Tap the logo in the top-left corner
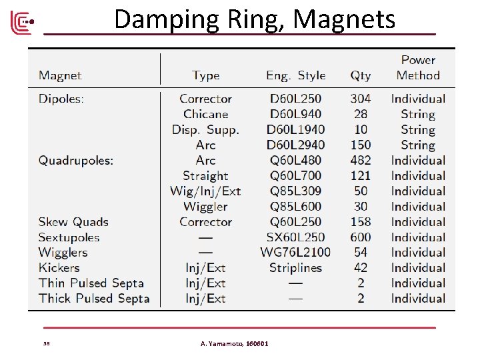(x=21, y=23)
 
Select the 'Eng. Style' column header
(x=295, y=75)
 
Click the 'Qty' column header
(x=361, y=75)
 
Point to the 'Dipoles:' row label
(x=61, y=99)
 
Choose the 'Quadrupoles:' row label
(x=76, y=160)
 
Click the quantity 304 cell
(x=361, y=99)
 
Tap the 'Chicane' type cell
(x=205, y=114)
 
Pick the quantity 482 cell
(x=361, y=160)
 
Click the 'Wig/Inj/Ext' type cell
(x=205, y=191)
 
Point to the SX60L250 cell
(x=295, y=237)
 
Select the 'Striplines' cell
(x=295, y=268)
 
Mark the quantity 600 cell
(x=361, y=237)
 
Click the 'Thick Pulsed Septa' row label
(x=94, y=299)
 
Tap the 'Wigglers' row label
(x=63, y=253)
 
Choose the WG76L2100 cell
(x=295, y=253)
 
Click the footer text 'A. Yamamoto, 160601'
(x=235, y=343)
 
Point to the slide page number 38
(x=47, y=344)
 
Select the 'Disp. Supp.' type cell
(x=205, y=129)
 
